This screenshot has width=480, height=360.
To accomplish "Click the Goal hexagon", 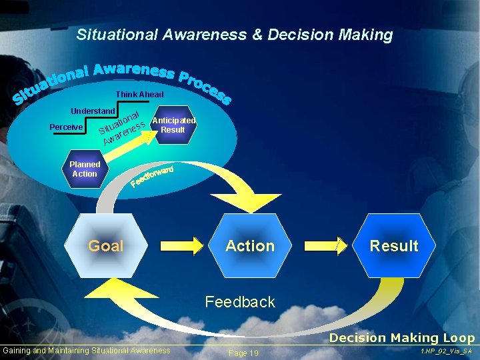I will point(106,245).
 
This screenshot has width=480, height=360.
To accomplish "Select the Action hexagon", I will point(250,245).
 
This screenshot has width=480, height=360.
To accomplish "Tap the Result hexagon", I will point(394,245).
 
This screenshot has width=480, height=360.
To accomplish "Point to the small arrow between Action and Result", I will point(341,245).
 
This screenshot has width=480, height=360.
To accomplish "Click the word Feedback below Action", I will point(240,302).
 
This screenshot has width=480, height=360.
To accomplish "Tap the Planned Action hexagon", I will point(85,169).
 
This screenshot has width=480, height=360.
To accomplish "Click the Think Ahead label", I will point(139,95).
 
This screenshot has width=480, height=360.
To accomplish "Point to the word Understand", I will point(93,110).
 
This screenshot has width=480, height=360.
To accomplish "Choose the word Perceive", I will point(66,127).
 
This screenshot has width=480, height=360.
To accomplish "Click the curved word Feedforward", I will point(153,175).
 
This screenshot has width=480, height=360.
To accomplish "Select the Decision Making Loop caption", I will point(402,338).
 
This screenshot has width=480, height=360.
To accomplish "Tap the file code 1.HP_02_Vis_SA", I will point(447,351).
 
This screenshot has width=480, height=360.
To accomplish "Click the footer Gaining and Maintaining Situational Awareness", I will point(87,351).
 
